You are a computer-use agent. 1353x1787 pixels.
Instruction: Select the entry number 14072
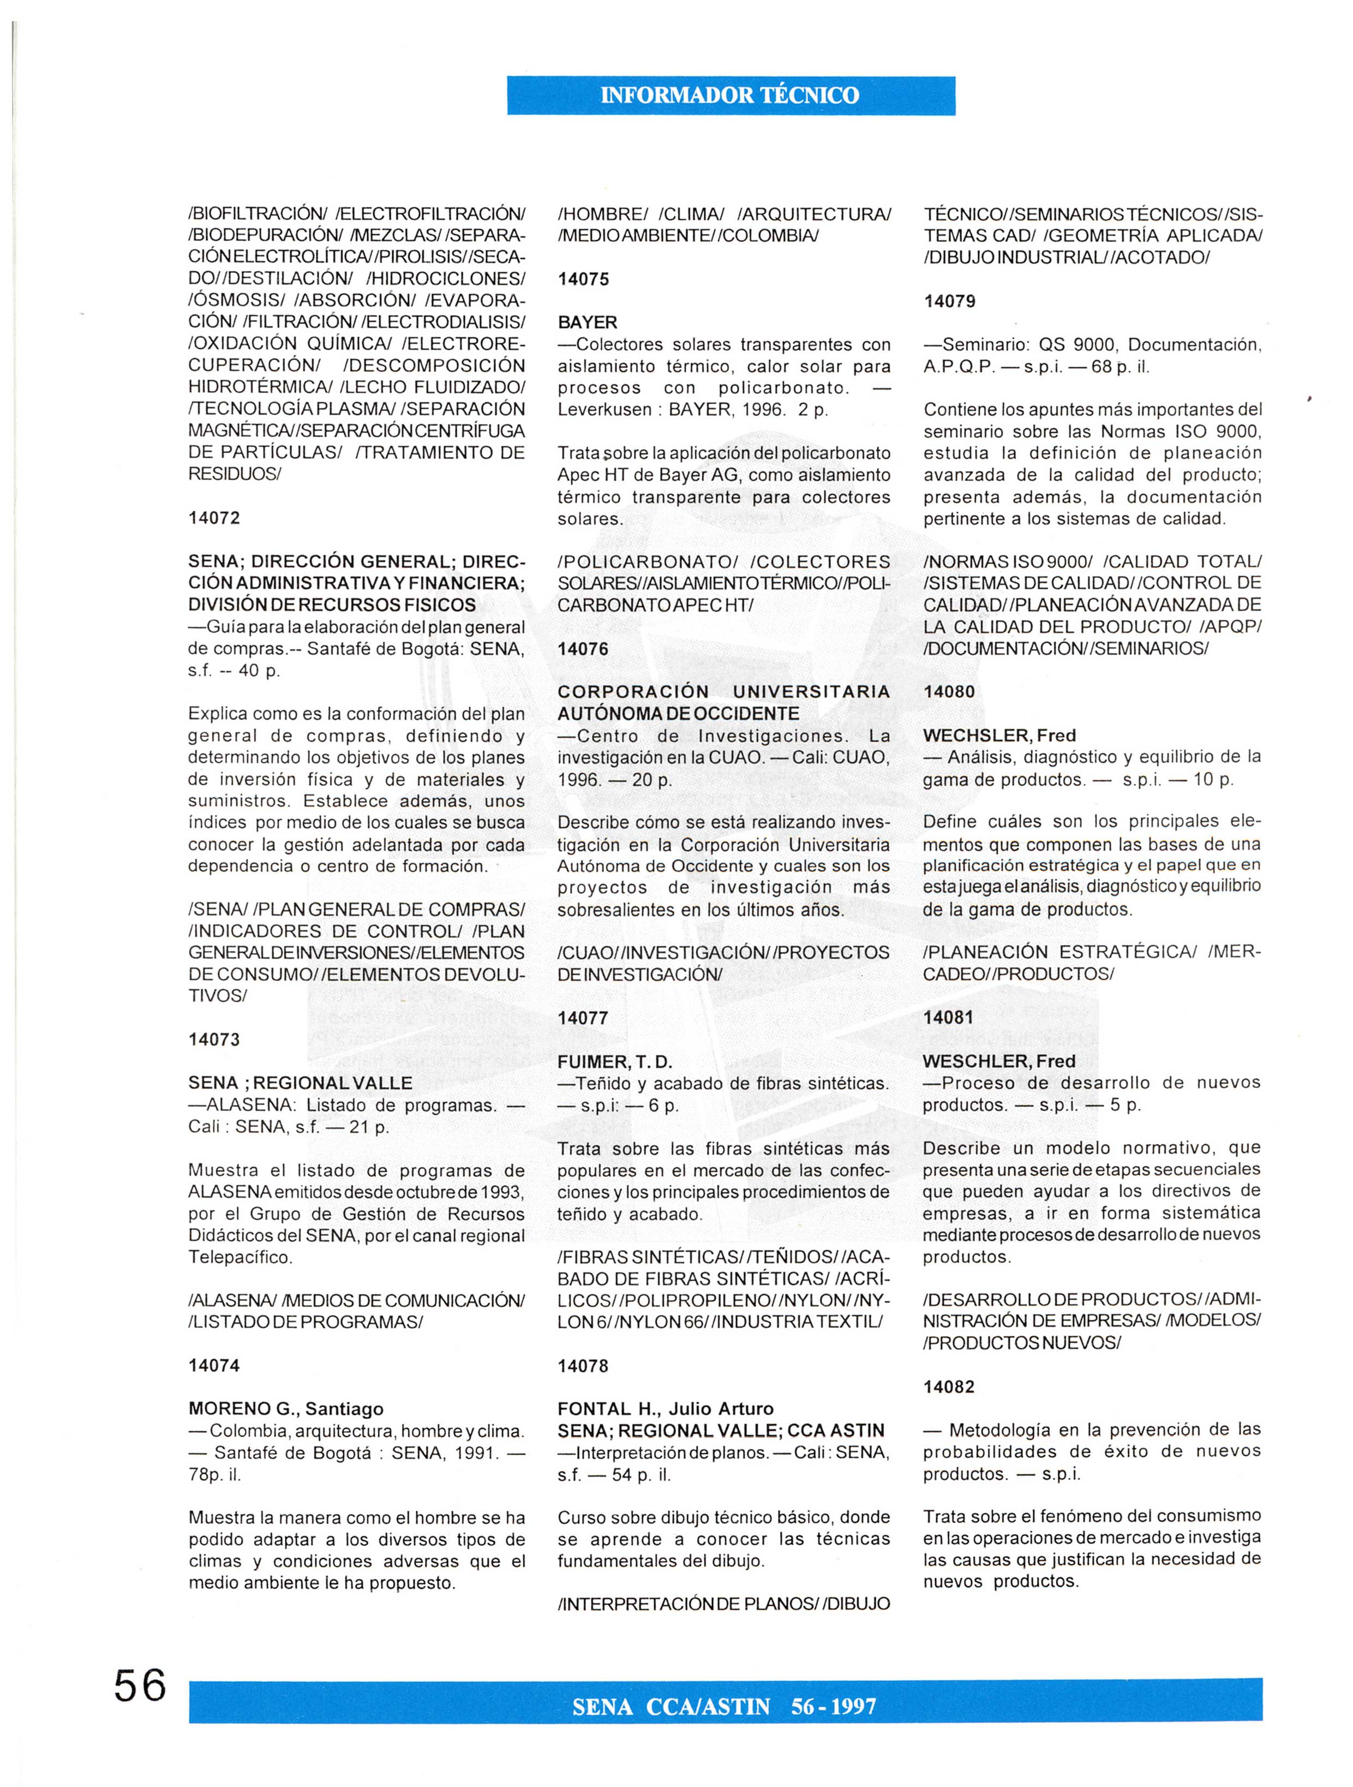tap(214, 518)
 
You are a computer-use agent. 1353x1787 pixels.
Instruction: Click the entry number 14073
tap(214, 1039)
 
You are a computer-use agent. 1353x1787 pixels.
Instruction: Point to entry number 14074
tap(214, 1365)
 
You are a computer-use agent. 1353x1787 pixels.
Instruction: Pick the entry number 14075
tap(583, 279)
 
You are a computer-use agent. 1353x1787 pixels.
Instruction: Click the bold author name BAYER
tap(587, 322)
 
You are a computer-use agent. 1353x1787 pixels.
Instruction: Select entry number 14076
tap(583, 649)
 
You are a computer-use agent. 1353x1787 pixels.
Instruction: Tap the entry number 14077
tap(583, 1018)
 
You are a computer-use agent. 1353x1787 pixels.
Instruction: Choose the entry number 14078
tap(583, 1366)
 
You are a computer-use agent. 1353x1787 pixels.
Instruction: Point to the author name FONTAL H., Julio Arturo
tap(665, 1409)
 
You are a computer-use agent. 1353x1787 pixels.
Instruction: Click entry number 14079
tap(949, 301)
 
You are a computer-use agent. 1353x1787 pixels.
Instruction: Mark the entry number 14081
tap(949, 1018)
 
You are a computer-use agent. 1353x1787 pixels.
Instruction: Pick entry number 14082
tap(949, 1387)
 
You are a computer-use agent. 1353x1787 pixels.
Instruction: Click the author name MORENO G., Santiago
tap(286, 1409)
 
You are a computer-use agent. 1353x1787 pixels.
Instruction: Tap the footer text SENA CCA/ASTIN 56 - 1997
tap(724, 1707)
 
